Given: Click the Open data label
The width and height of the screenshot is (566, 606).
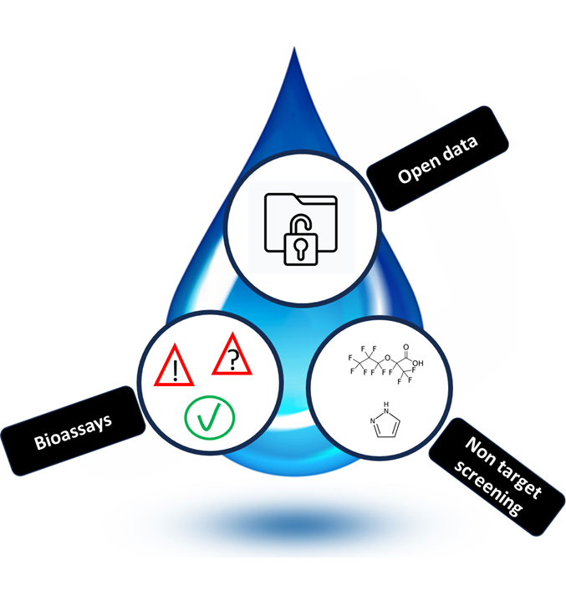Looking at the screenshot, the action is (437, 159).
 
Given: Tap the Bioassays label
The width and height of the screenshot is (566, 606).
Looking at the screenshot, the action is (73, 431).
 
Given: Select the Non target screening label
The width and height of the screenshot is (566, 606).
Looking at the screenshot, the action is (497, 476).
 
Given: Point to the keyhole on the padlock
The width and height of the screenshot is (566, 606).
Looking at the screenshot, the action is (301, 248).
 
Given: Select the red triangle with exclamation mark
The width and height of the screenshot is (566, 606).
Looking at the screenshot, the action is (175, 365).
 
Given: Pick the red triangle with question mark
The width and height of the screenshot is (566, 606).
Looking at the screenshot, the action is (232, 354).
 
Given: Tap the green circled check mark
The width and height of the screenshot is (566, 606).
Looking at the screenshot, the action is (210, 418).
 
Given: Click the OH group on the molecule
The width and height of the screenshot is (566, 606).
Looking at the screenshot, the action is (418, 364).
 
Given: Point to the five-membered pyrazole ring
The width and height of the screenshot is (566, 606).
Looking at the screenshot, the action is (386, 425).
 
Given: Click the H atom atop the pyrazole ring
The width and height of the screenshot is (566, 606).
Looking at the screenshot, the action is (386, 405).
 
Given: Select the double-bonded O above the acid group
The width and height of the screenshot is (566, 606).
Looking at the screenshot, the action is (406, 347).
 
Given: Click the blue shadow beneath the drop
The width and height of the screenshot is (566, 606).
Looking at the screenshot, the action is (293, 525).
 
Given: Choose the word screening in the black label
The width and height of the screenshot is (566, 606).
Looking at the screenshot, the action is (487, 489).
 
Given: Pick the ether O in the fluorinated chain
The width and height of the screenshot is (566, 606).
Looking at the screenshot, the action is (387, 358).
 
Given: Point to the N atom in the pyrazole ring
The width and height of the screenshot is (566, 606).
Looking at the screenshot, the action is (373, 421).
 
